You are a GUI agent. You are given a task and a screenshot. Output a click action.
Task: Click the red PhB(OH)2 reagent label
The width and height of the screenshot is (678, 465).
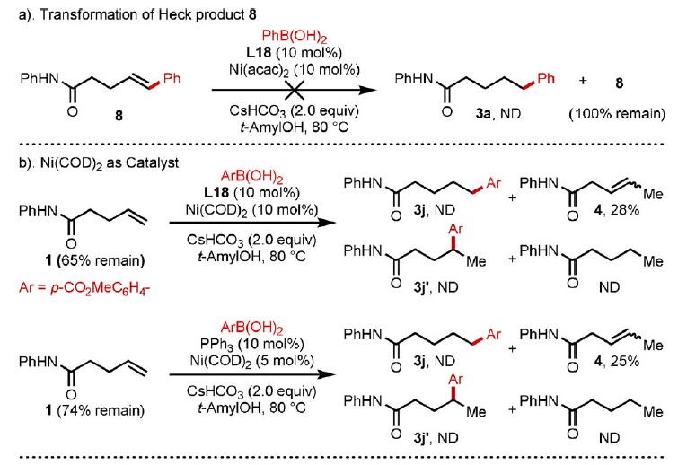[x=294, y=37]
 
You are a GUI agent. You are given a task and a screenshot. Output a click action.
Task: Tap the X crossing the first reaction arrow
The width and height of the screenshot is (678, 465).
[x=294, y=90]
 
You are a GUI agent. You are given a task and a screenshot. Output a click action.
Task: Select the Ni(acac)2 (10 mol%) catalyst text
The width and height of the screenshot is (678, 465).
[x=294, y=70]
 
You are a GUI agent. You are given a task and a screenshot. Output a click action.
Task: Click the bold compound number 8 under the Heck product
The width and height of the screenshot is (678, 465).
[x=119, y=116]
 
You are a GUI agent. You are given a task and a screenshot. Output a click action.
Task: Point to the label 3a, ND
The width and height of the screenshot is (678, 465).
[x=498, y=114]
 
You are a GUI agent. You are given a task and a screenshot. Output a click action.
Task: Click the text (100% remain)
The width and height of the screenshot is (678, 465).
[x=617, y=114]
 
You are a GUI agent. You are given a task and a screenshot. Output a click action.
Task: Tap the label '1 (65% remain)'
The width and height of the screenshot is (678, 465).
[x=94, y=260]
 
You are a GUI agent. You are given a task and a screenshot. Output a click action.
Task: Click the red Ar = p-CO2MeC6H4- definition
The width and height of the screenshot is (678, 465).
[x=84, y=288]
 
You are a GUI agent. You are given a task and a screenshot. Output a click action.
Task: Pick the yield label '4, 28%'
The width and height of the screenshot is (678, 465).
[x=617, y=210]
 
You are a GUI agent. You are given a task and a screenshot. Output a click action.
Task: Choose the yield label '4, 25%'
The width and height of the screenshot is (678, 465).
[x=617, y=361]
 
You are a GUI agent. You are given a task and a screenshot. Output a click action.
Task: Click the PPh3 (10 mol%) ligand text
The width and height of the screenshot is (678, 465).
[x=251, y=344]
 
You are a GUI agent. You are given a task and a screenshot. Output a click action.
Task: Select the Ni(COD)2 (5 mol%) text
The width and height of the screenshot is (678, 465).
[x=251, y=361]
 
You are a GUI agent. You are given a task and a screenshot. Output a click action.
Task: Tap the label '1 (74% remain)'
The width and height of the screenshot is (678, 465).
[x=94, y=410]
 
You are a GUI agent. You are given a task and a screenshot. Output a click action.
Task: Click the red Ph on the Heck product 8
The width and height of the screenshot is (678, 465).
[x=172, y=79]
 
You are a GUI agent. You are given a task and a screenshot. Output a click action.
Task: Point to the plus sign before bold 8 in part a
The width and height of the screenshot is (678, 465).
[x=583, y=81]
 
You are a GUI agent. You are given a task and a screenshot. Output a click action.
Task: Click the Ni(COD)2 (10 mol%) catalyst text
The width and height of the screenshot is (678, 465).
[x=251, y=210]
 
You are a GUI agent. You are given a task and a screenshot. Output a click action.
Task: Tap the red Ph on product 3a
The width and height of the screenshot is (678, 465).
[x=546, y=79]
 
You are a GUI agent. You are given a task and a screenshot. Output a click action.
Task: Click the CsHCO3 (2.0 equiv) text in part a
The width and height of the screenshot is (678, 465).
[x=294, y=111]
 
